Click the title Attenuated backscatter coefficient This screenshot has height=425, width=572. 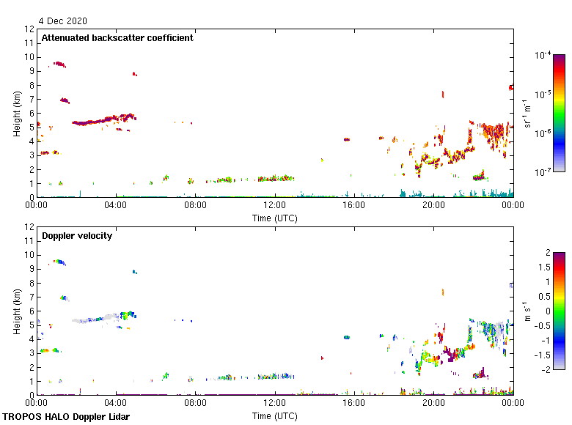coord(117,38)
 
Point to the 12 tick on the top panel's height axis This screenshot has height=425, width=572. coord(30,29)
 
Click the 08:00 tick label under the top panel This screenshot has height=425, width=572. coord(195,206)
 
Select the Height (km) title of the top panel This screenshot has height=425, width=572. coord(16,113)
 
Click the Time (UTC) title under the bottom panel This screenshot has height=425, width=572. coord(274,415)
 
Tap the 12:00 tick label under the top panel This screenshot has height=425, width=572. coord(275,206)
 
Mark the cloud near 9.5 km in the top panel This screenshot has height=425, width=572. coord(59,64)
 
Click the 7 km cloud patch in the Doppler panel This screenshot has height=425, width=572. coord(65,298)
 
